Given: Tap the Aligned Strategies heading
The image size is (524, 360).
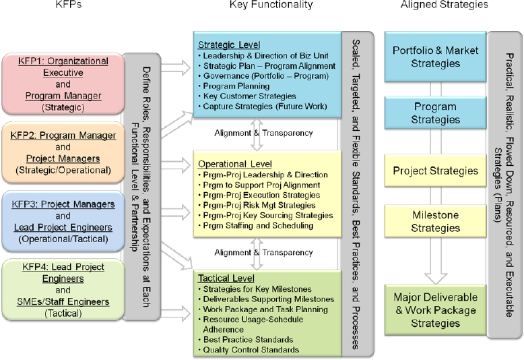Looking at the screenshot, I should coord(454,5).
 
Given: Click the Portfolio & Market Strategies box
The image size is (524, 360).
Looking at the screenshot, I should coord(435,57).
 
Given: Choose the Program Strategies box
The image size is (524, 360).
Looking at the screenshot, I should coord(435,113).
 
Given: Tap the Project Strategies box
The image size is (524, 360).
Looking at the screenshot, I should coord(435,171).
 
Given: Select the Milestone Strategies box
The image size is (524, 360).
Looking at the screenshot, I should coord(435,222).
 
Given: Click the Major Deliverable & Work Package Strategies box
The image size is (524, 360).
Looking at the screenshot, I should coord(435,310).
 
